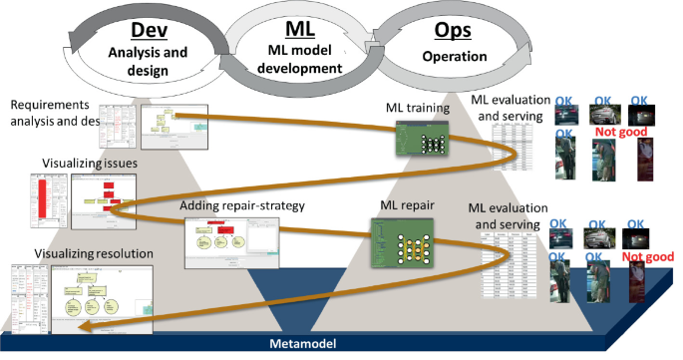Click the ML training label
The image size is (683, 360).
pyautogui.click(x=420, y=108)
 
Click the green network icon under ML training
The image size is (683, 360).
pyautogui.click(x=421, y=140)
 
